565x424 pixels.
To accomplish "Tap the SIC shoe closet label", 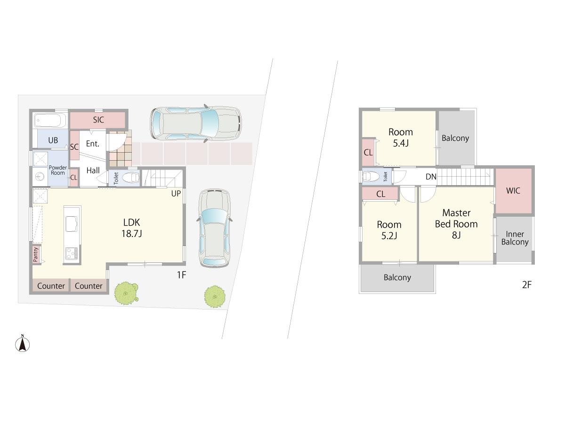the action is [98, 120].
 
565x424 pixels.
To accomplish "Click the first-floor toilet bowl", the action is [130, 178].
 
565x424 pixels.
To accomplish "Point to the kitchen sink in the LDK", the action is [71, 224].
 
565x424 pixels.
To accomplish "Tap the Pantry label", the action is [35, 254].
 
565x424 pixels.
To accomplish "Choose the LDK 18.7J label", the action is [131, 228].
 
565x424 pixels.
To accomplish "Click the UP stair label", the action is [176, 194].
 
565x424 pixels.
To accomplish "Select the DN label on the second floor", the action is [431, 177].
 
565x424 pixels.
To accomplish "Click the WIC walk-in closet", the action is [514, 191].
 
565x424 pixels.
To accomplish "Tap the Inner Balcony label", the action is [515, 238].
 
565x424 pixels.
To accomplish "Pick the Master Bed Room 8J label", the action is [456, 224].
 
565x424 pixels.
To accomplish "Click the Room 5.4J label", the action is [401, 138].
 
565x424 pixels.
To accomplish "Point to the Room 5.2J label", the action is [389, 230].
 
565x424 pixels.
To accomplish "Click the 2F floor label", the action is [527, 285].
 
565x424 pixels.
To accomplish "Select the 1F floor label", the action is [181, 275].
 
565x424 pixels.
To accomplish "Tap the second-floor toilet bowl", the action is [371, 176].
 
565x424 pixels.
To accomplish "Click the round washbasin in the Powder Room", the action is [40, 177].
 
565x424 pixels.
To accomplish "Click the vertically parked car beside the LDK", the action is [214, 228].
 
